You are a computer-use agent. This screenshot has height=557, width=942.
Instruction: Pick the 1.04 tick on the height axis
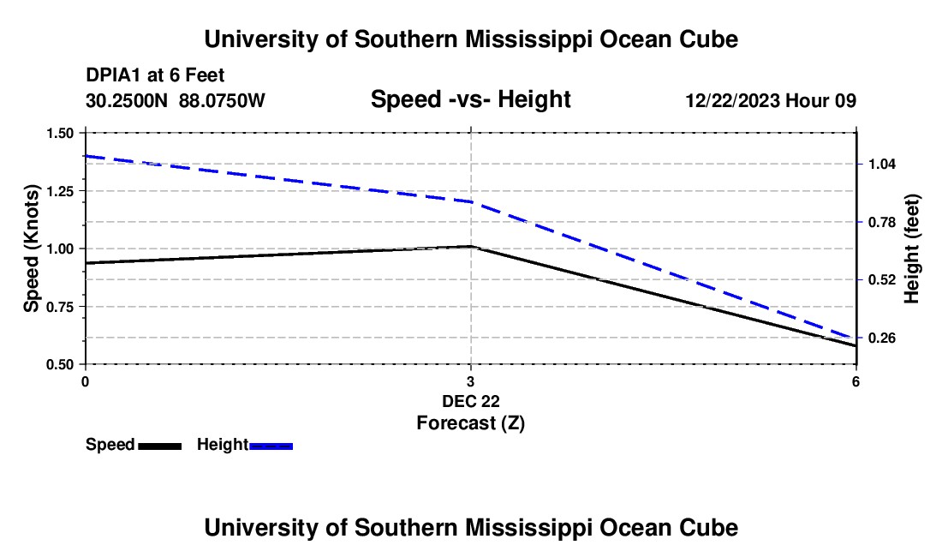pyautogui.click(x=882, y=164)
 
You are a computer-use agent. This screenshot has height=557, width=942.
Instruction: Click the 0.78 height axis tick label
pyautogui.click(x=882, y=223)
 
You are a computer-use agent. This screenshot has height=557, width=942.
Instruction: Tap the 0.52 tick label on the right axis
pyautogui.click(x=882, y=280)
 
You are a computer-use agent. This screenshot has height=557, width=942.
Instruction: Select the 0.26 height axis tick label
pyautogui.click(x=882, y=338)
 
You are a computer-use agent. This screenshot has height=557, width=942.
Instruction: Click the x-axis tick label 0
pyautogui.click(x=85, y=381)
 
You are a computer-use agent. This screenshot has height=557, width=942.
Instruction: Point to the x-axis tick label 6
pyautogui.click(x=856, y=381)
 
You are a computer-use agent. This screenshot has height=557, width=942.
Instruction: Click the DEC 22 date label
pyautogui.click(x=470, y=401)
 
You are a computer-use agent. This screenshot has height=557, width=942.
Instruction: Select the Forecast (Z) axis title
pyautogui.click(x=470, y=422)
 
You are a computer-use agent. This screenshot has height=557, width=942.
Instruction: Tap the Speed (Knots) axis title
pyautogui.click(x=32, y=249)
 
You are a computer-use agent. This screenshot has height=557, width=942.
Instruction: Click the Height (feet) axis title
pyautogui.click(x=912, y=249)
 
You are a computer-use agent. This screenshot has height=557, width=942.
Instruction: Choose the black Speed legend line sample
pyautogui.click(x=160, y=446)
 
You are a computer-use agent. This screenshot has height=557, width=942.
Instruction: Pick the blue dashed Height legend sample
pyautogui.click(x=271, y=446)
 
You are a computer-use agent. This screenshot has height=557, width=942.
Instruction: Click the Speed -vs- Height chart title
pyautogui.click(x=470, y=99)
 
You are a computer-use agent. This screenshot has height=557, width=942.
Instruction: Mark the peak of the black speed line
pyautogui.click(x=471, y=247)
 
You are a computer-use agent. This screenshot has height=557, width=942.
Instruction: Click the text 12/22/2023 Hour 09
pyautogui.click(x=771, y=101)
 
